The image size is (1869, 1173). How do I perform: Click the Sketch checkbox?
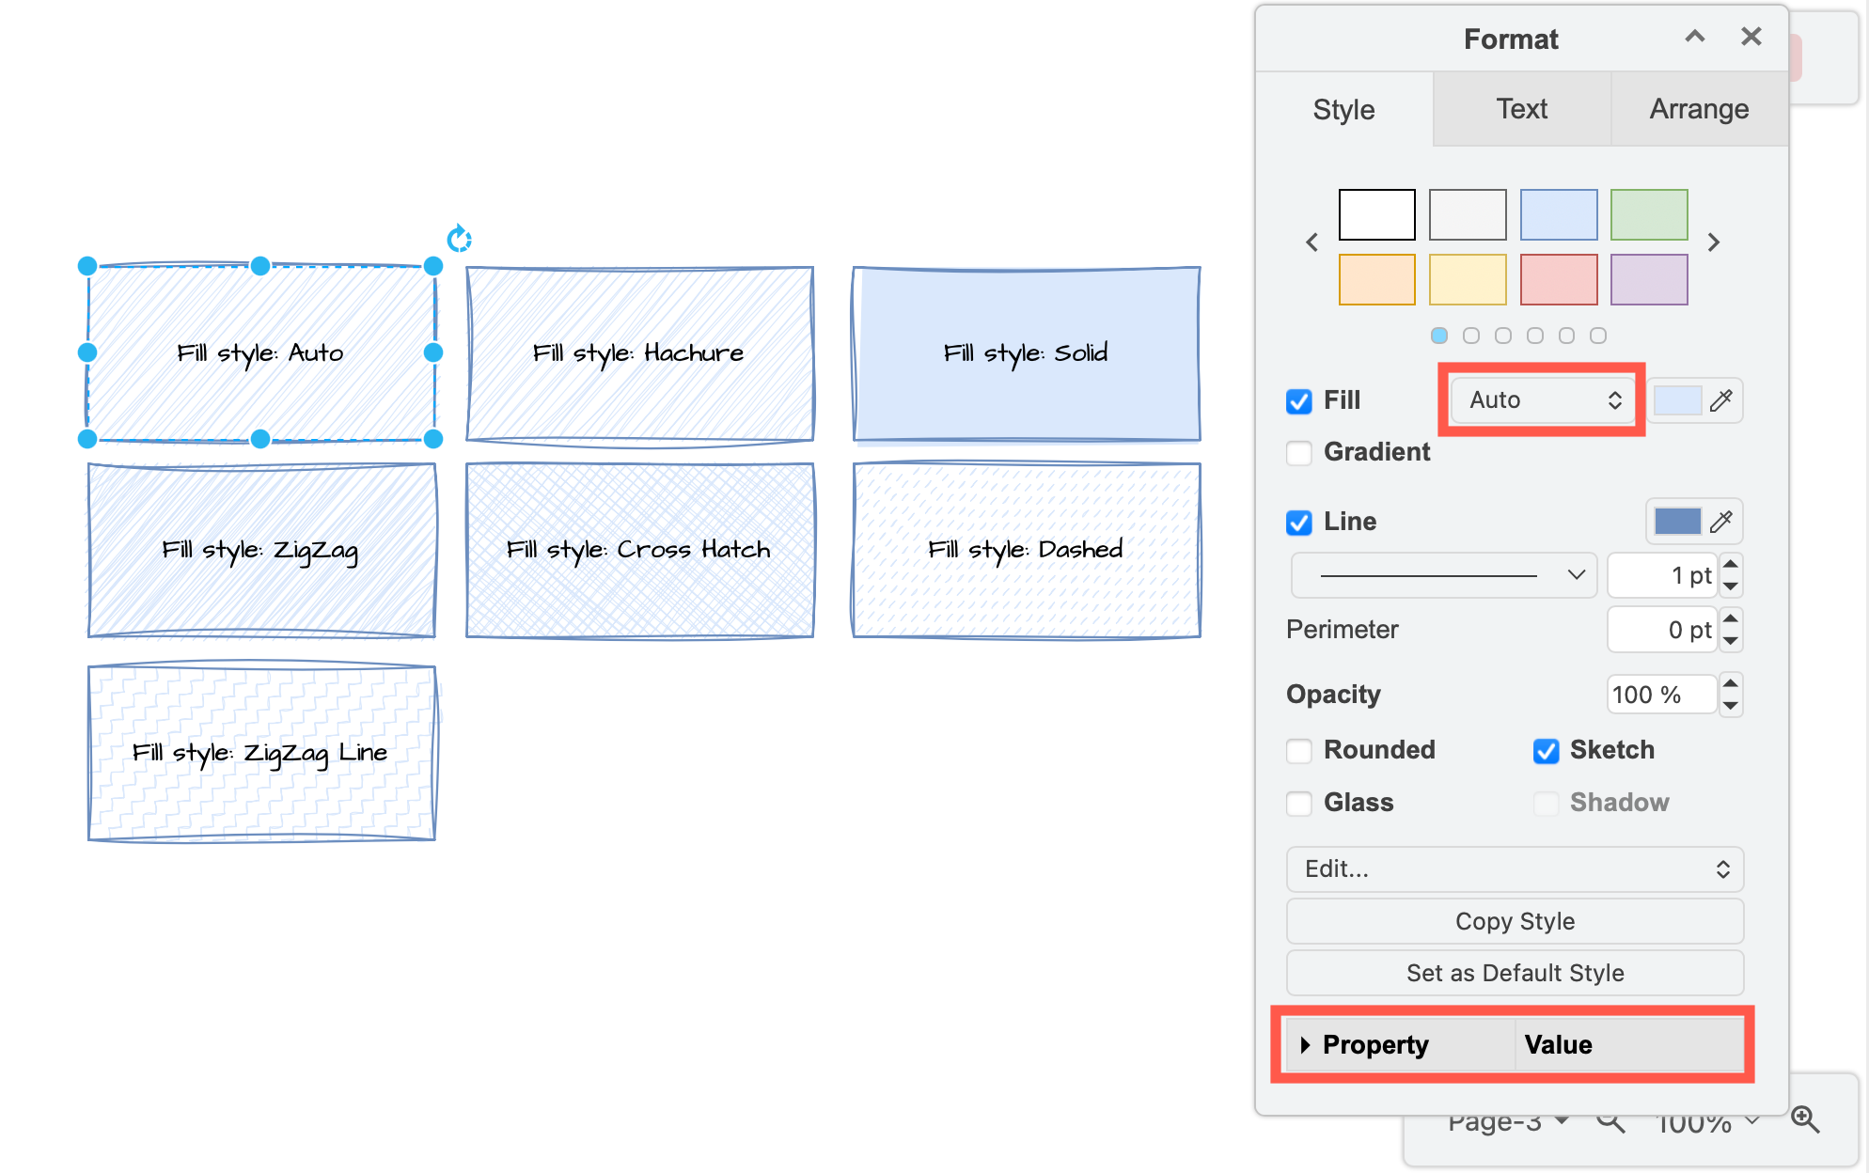click(1546, 751)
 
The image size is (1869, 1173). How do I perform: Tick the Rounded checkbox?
click(1299, 751)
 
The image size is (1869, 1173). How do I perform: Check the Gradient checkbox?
click(1299, 453)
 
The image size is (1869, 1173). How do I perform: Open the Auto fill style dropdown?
click(1543, 400)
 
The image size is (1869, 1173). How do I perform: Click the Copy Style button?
click(1514, 921)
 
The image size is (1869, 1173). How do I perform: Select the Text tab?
click(1521, 109)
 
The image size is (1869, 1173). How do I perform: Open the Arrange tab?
click(1698, 109)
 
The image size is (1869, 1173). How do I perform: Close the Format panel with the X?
click(1751, 37)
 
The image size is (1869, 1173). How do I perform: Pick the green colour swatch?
click(1648, 214)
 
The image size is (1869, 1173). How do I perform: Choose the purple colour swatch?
click(1648, 279)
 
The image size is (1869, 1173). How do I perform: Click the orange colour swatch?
click(1376, 279)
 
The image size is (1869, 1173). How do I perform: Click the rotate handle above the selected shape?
click(459, 239)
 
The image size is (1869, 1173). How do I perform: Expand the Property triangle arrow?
click(1305, 1045)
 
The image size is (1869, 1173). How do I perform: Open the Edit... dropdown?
click(1514, 869)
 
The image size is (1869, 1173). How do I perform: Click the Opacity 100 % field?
click(1660, 696)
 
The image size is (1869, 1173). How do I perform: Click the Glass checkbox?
click(1299, 804)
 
